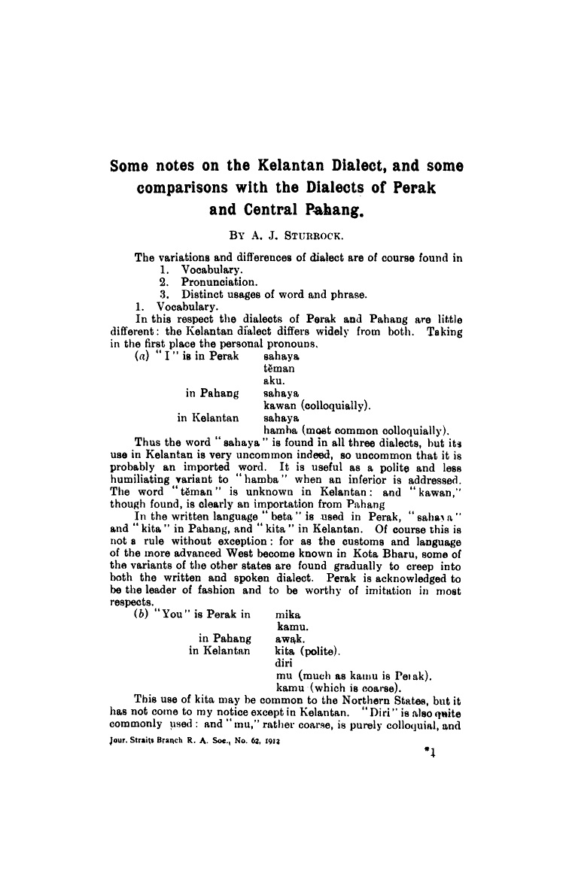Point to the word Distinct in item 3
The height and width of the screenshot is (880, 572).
pos(202,294)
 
